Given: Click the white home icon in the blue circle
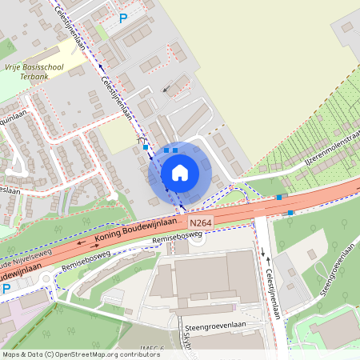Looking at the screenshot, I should tap(180, 172).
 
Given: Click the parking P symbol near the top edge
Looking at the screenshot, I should tap(122, 18).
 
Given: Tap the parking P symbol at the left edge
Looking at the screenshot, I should tap(6, 288).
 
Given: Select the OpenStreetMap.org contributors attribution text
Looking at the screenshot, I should tap(104, 354).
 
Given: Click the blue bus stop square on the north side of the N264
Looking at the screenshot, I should tap(278, 197).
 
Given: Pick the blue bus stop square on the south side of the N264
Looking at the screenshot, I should tap(290, 213).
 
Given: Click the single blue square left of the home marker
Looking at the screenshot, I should tap(145, 147).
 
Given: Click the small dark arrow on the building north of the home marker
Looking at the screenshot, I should tap(167, 89).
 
